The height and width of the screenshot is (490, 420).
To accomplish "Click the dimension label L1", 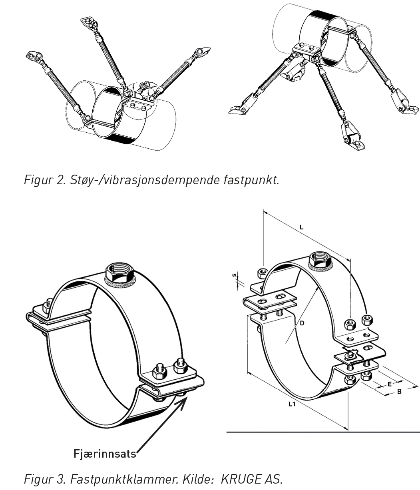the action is [292, 404].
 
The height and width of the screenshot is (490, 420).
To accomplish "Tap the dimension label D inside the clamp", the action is [302, 323].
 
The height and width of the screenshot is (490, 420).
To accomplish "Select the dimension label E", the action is [390, 384].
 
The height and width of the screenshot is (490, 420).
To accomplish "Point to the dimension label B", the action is [399, 392].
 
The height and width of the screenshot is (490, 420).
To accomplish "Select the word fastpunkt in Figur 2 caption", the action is [251, 180].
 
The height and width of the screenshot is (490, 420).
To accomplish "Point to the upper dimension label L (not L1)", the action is [301, 227].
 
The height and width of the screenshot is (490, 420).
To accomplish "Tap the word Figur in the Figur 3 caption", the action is [38, 479].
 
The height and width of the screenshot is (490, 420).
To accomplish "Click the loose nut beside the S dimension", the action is [262, 273].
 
